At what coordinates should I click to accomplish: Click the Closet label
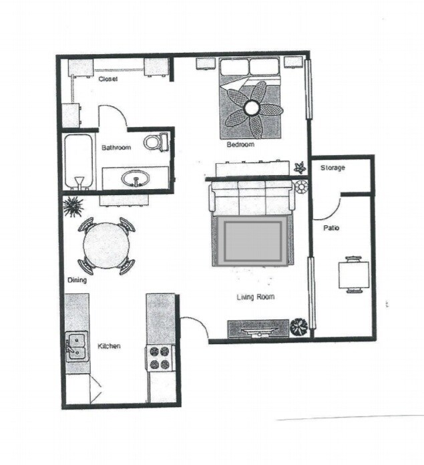tap(108, 79)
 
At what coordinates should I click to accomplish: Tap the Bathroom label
tap(116, 147)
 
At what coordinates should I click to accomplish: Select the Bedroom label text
tap(240, 144)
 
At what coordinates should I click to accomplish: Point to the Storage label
tap(333, 168)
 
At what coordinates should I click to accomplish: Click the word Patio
tap(331, 228)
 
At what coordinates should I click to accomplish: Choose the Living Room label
tap(255, 297)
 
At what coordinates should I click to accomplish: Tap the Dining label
tap(77, 281)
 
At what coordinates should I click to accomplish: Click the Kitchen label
tap(109, 346)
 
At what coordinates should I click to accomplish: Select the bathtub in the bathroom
tap(79, 162)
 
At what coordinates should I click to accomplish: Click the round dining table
tap(107, 245)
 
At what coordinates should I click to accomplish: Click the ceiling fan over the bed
tap(253, 108)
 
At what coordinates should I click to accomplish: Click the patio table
tap(353, 274)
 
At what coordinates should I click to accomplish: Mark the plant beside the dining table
tap(73, 206)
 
